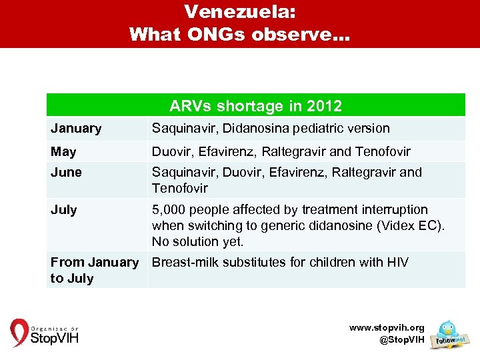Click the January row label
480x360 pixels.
point(76,129)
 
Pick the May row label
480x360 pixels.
point(63,151)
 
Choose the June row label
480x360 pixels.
point(66,172)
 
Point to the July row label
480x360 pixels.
point(64,210)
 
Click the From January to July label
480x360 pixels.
point(94,270)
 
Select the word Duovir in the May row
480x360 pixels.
point(171,151)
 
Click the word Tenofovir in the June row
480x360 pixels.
point(179,188)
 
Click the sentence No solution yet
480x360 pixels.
point(197,241)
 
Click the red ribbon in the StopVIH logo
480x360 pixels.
point(19,333)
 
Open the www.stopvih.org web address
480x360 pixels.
point(387,328)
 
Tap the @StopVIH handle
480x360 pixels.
point(401,339)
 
